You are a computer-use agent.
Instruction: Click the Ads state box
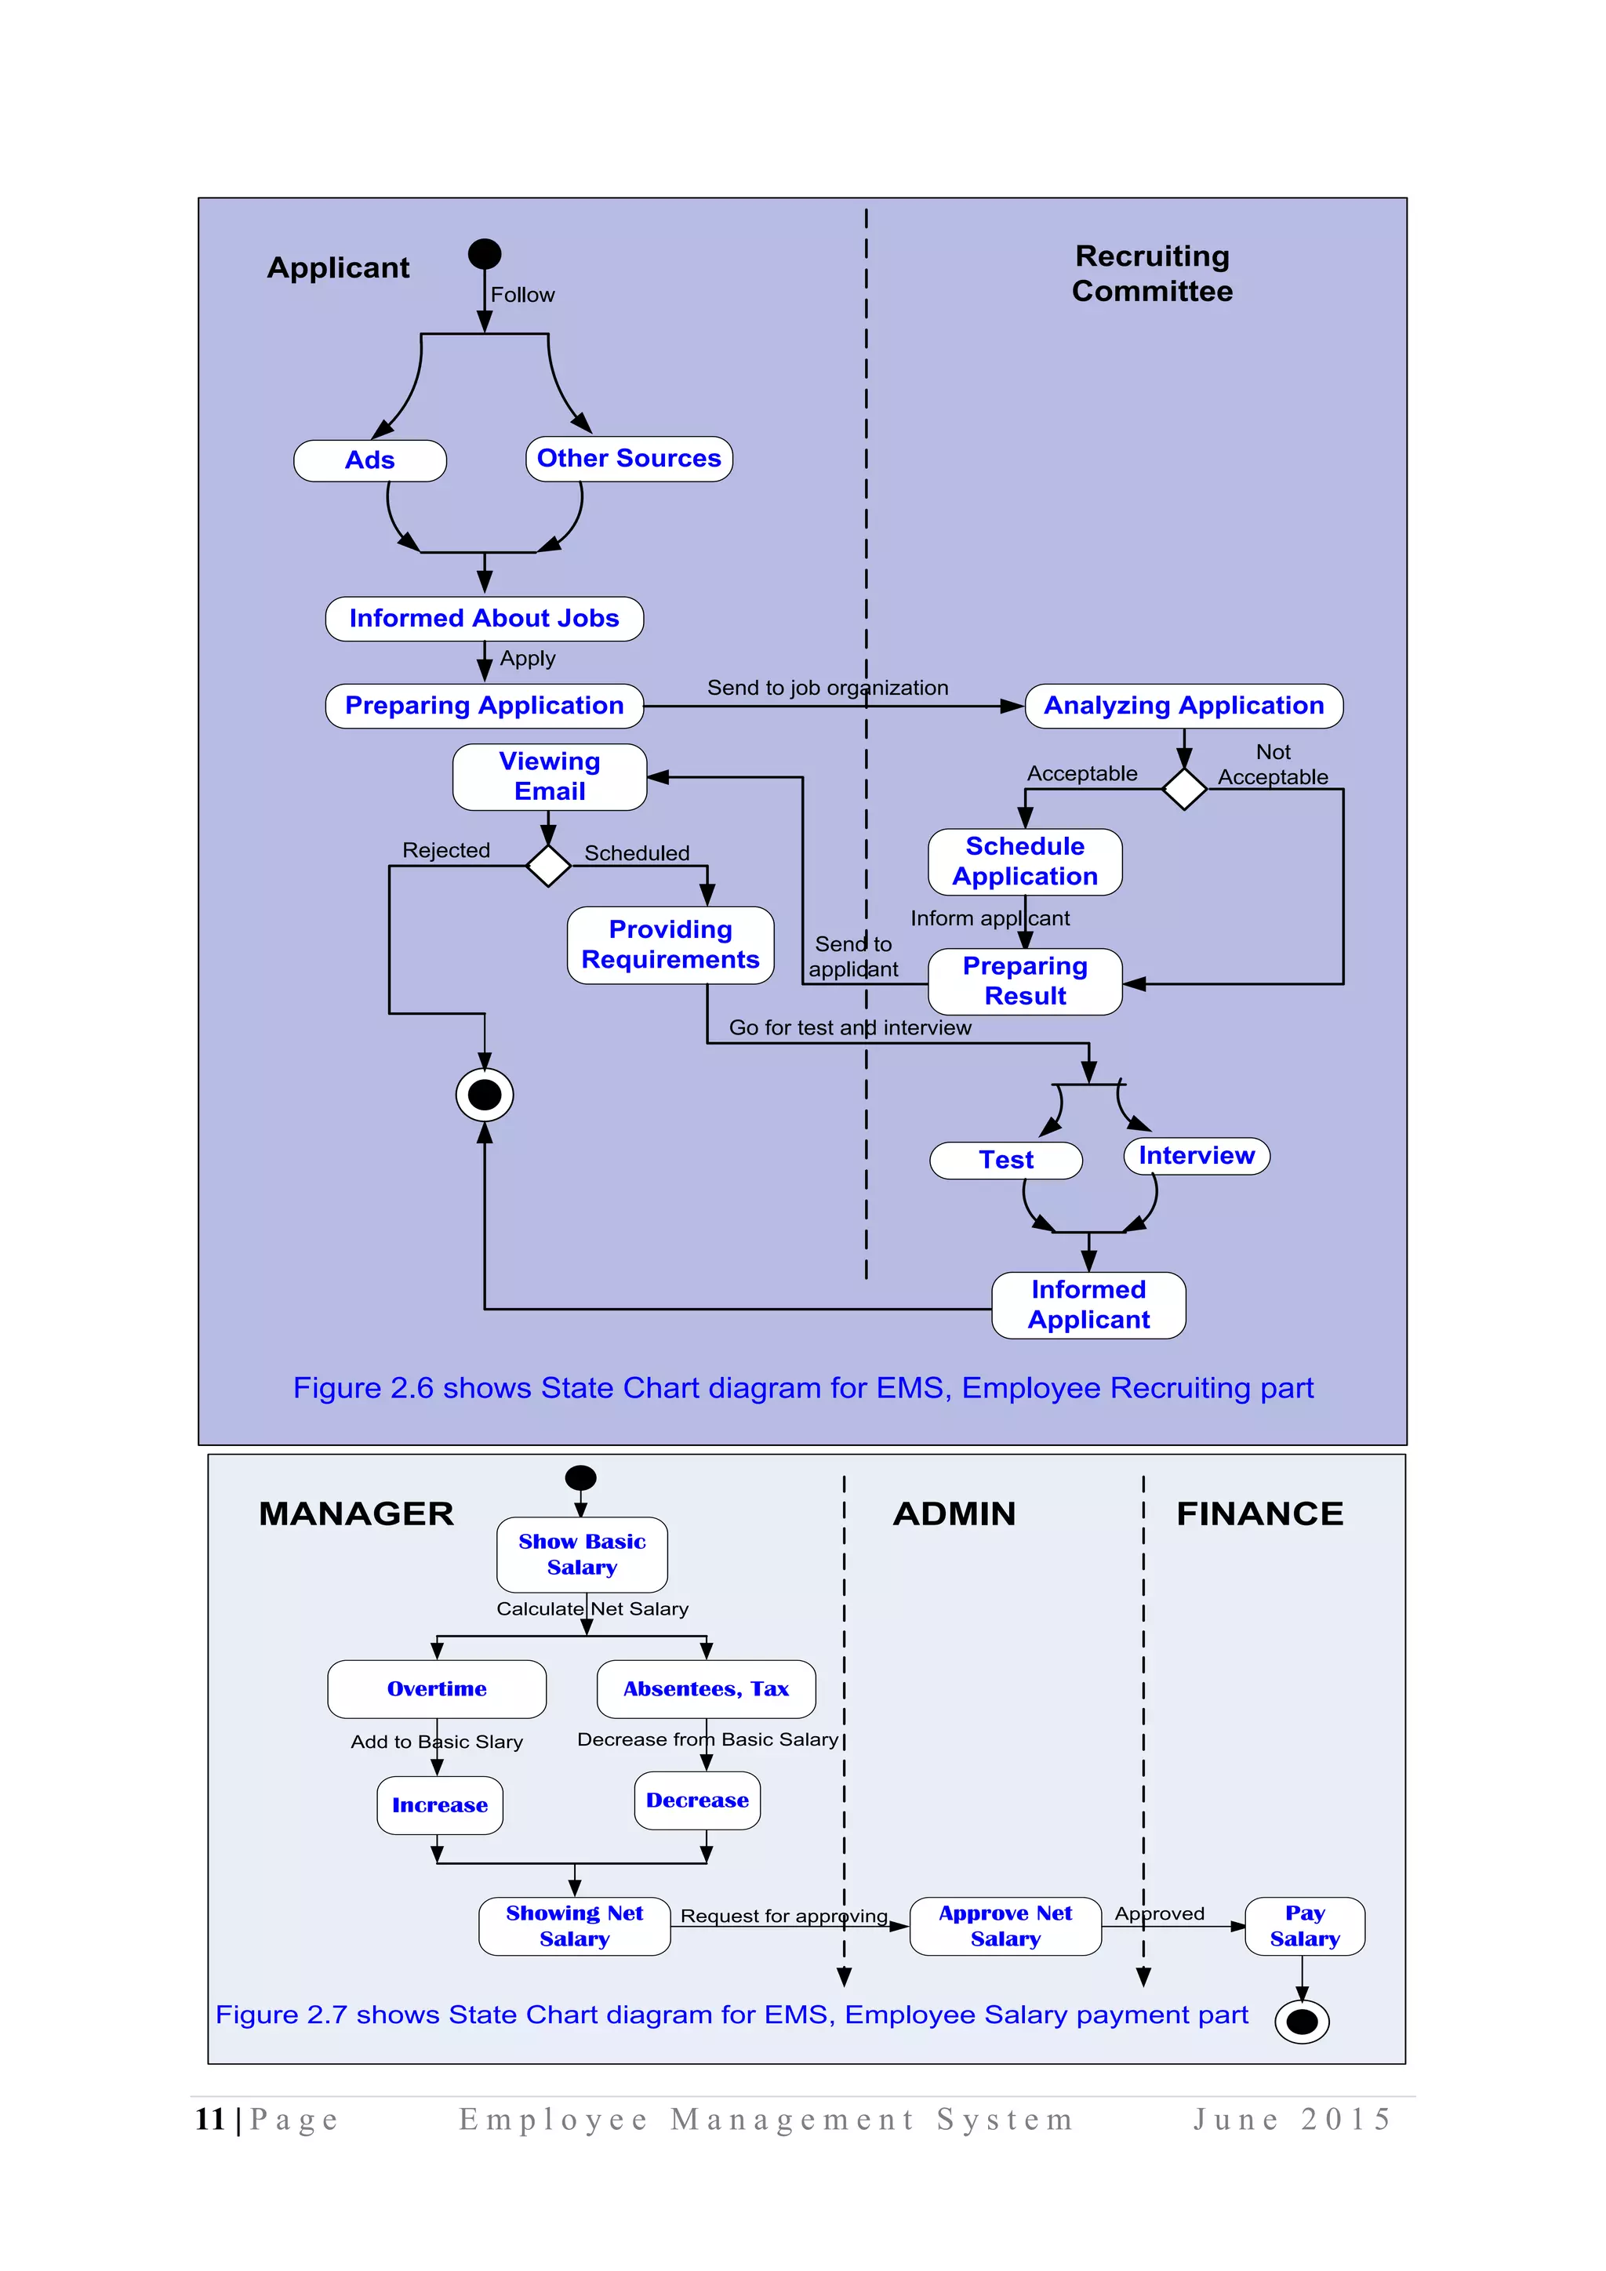pyautogui.click(x=370, y=461)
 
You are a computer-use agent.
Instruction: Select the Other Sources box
pyautogui.click(x=629, y=459)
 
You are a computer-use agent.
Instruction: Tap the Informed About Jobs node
pyautogui.click(x=484, y=620)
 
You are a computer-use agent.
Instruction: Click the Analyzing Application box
pyautogui.click(x=1184, y=707)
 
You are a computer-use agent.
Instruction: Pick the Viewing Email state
pyautogui.click(x=550, y=777)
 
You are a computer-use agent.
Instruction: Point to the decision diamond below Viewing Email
pyautogui.click(x=548, y=866)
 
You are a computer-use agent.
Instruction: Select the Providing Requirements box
pyautogui.click(x=670, y=945)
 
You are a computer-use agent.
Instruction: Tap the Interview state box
pyautogui.click(x=1197, y=1156)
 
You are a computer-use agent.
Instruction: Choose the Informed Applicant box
pyautogui.click(x=1088, y=1306)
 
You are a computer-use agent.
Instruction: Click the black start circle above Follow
pyautogui.click(x=485, y=254)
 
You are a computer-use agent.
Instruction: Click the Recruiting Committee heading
pyautogui.click(x=1152, y=274)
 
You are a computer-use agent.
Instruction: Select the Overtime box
pyautogui.click(x=436, y=1689)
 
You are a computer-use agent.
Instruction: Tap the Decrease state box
pyautogui.click(x=697, y=1801)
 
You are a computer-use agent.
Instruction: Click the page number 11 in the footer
pyautogui.click(x=209, y=2120)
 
